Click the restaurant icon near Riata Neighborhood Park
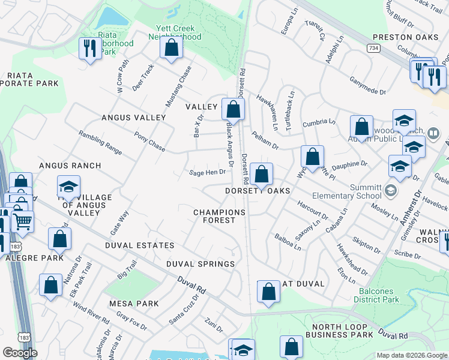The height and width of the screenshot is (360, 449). pyautogui.click(x=89, y=48)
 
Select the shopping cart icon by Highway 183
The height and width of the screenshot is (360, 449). pyautogui.click(x=23, y=221)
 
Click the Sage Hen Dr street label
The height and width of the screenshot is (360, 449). pyautogui.click(x=207, y=172)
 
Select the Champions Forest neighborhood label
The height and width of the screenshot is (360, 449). pyautogui.click(x=219, y=216)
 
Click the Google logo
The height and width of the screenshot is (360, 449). pyautogui.click(x=20, y=353)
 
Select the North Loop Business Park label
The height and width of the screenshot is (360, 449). pyautogui.click(x=340, y=331)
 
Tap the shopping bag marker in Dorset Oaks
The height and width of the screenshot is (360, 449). pyautogui.click(x=261, y=175)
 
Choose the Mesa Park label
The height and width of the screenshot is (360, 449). pyautogui.click(x=134, y=304)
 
